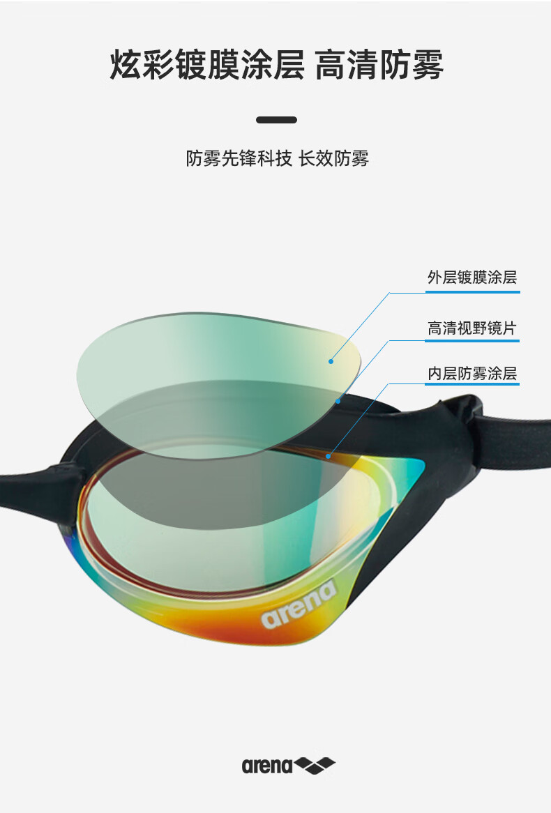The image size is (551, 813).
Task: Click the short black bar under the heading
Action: click(x=276, y=120)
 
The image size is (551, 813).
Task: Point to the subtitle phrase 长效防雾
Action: click(x=333, y=159)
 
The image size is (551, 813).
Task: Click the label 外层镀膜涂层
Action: click(x=472, y=278)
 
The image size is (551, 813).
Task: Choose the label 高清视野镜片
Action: click(x=472, y=328)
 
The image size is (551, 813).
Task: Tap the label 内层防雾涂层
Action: click(x=472, y=374)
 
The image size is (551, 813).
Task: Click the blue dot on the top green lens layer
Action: click(x=331, y=361)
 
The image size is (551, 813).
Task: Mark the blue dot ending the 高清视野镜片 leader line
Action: click(x=338, y=401)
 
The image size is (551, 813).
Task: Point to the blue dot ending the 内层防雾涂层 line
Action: click(x=329, y=456)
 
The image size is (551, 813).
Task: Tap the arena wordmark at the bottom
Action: click(x=267, y=766)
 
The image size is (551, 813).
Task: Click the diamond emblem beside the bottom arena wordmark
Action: click(x=315, y=766)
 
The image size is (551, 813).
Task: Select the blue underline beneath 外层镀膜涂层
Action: click(x=472, y=292)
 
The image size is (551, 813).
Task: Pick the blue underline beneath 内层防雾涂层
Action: click(x=472, y=383)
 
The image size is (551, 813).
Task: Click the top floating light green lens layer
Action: click(x=209, y=356)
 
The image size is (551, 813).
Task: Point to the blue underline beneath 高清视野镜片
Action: click(x=472, y=340)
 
